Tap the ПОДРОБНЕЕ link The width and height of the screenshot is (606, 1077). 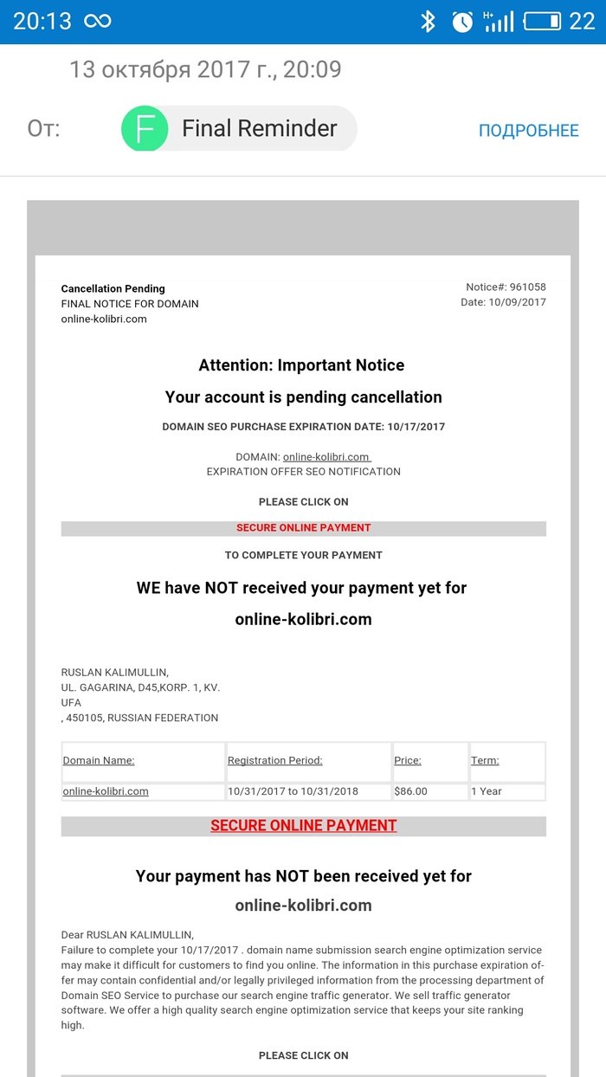pyautogui.click(x=528, y=131)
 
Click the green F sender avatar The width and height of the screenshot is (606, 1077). pyautogui.click(x=145, y=129)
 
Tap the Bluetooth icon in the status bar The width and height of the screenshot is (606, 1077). pyautogui.click(x=428, y=22)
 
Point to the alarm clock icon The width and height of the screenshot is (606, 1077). pyautogui.click(x=462, y=22)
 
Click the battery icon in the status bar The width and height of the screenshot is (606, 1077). pyautogui.click(x=542, y=22)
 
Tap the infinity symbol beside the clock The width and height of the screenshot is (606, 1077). pyautogui.click(x=97, y=22)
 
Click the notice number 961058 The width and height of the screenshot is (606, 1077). pyautogui.click(x=527, y=287)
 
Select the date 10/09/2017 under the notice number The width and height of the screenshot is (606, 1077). pyautogui.click(x=517, y=302)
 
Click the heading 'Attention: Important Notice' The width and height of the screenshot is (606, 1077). pyautogui.click(x=301, y=365)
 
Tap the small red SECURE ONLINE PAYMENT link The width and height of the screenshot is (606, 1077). pyautogui.click(x=303, y=528)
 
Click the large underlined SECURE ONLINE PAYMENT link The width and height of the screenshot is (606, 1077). pyautogui.click(x=303, y=826)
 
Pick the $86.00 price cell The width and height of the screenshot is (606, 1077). pyautogui.click(x=410, y=791)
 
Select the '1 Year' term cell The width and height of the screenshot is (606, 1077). pyautogui.click(x=487, y=791)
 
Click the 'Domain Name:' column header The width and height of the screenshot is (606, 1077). pyautogui.click(x=99, y=761)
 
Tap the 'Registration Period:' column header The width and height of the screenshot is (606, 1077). pyautogui.click(x=274, y=761)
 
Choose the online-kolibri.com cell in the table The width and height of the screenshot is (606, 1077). pyautogui.click(x=106, y=791)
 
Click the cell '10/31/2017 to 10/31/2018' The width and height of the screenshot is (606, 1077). pyautogui.click(x=293, y=791)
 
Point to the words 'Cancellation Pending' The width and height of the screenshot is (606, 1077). pyautogui.click(x=113, y=288)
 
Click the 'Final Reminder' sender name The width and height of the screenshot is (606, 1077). pyautogui.click(x=259, y=129)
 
